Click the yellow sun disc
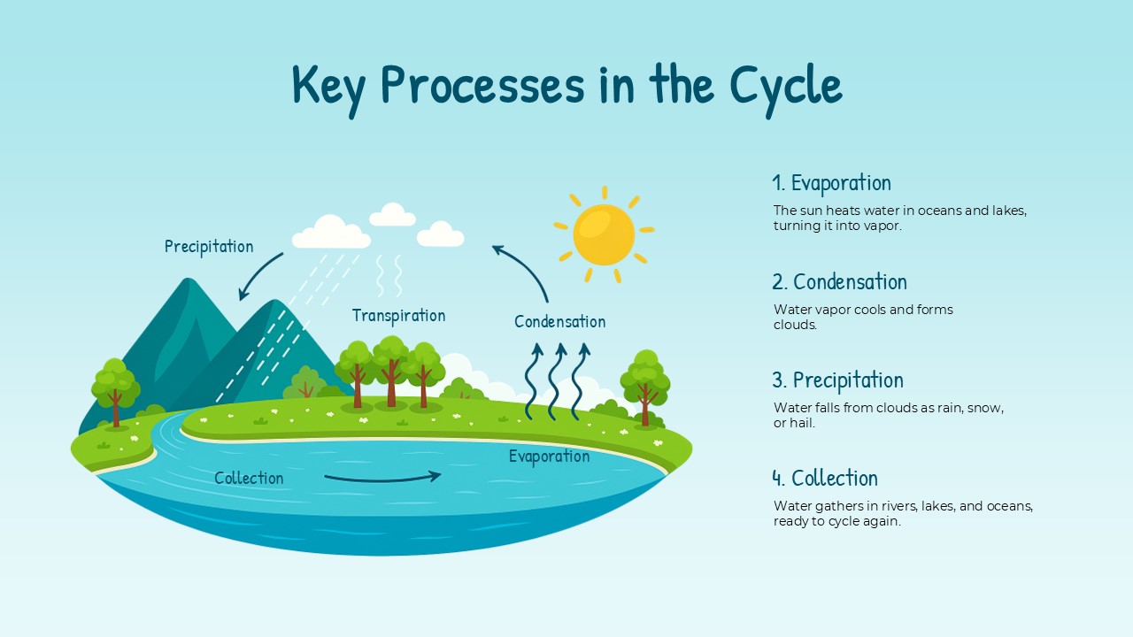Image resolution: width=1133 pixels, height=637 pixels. pos(604,235)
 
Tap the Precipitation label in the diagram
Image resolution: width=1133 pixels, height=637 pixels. pos(209,247)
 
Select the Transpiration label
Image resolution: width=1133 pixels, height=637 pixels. pos(398,316)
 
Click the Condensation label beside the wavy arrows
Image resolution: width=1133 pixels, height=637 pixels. pos(559,322)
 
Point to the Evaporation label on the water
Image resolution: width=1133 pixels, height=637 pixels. pos(549,457)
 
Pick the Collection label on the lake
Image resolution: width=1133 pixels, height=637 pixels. pos(249,479)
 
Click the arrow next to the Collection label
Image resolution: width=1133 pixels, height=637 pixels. pos(382,478)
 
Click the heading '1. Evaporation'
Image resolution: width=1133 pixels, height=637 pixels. pos(831,183)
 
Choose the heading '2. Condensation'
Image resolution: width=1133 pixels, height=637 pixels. pos(839,282)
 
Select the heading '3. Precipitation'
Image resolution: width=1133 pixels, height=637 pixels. pos(837,380)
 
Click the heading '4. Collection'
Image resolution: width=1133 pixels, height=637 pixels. pos(825,479)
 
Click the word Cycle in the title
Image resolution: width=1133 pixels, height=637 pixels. pos(785,86)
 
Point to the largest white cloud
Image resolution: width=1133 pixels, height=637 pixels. pos(331,233)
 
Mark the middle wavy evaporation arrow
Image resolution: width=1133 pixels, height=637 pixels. pos(557,380)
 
